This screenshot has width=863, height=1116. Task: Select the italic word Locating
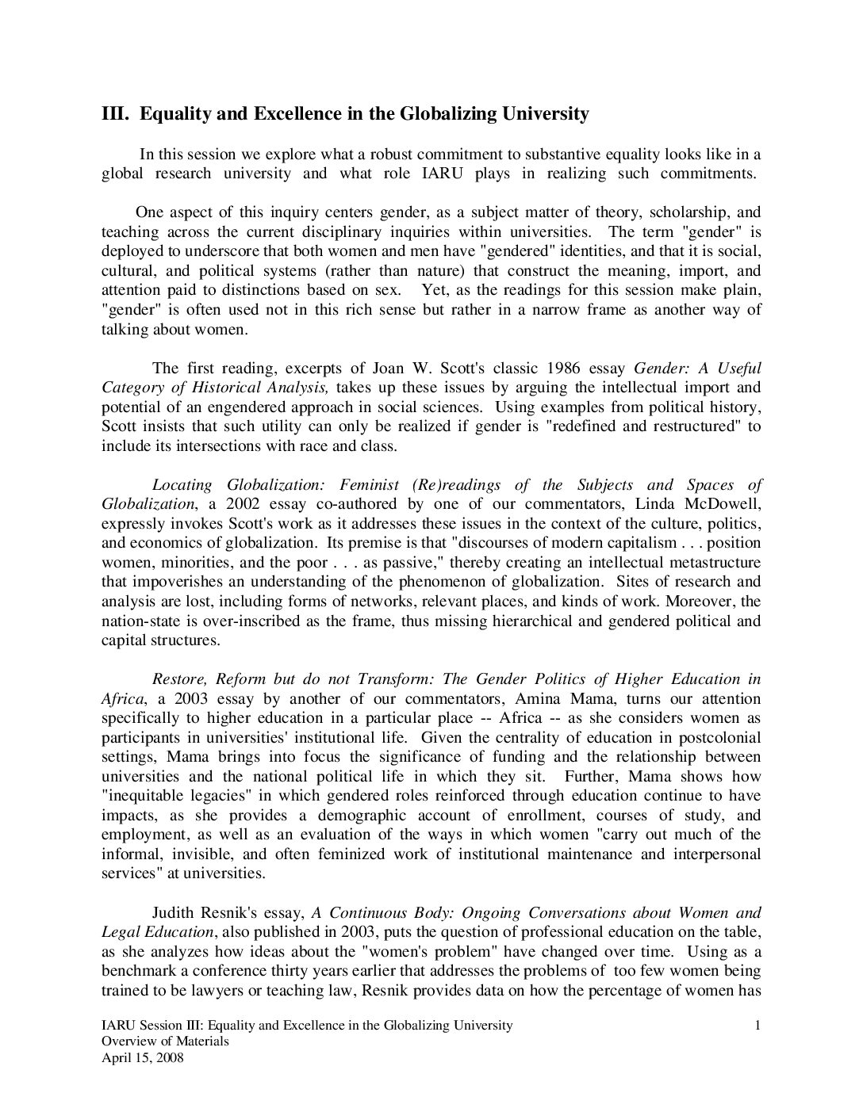[182, 484]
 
